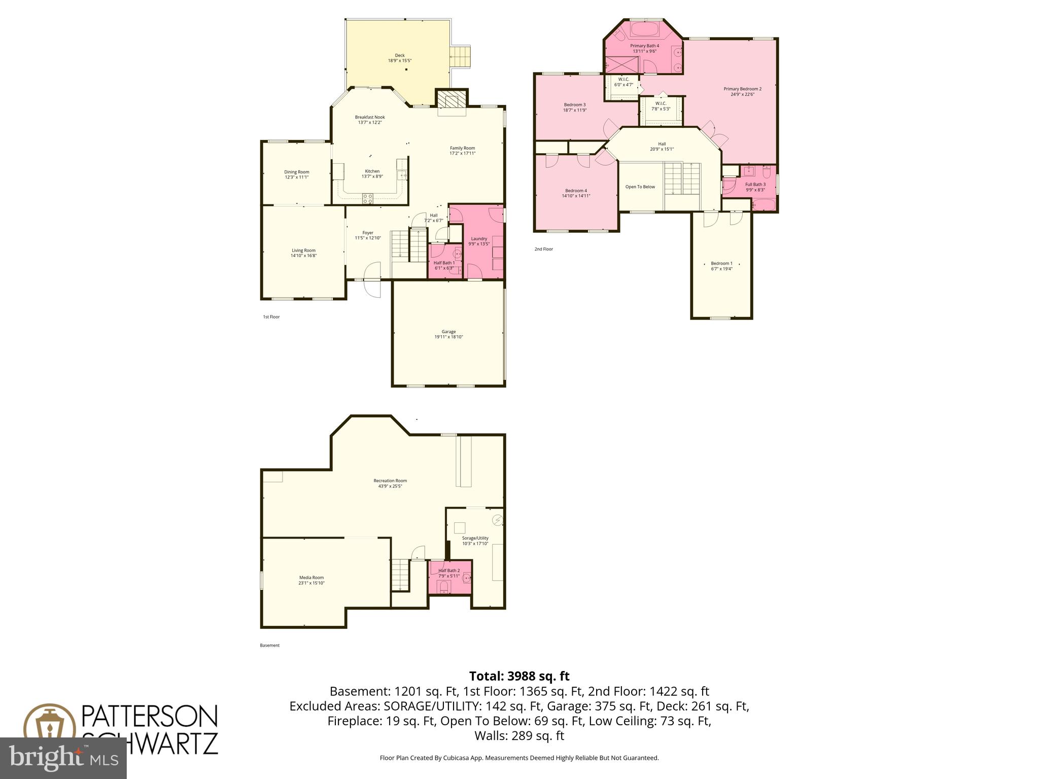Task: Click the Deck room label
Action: (x=400, y=55)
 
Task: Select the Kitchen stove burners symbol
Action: (x=368, y=198)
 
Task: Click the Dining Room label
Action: (x=296, y=172)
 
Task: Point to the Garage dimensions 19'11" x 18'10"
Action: (x=448, y=337)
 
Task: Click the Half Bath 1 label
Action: (x=444, y=263)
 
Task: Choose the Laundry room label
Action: (x=479, y=238)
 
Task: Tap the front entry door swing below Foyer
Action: (x=373, y=289)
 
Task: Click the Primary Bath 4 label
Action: (x=644, y=46)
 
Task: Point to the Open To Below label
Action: (x=640, y=187)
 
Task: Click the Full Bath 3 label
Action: (x=755, y=185)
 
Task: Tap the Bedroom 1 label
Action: (x=721, y=263)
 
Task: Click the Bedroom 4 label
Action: (x=576, y=191)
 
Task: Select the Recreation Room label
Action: (x=390, y=481)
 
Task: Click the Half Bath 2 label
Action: (x=449, y=571)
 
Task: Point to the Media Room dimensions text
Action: (x=311, y=583)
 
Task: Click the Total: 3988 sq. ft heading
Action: (x=519, y=676)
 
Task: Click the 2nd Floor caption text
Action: (x=543, y=249)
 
